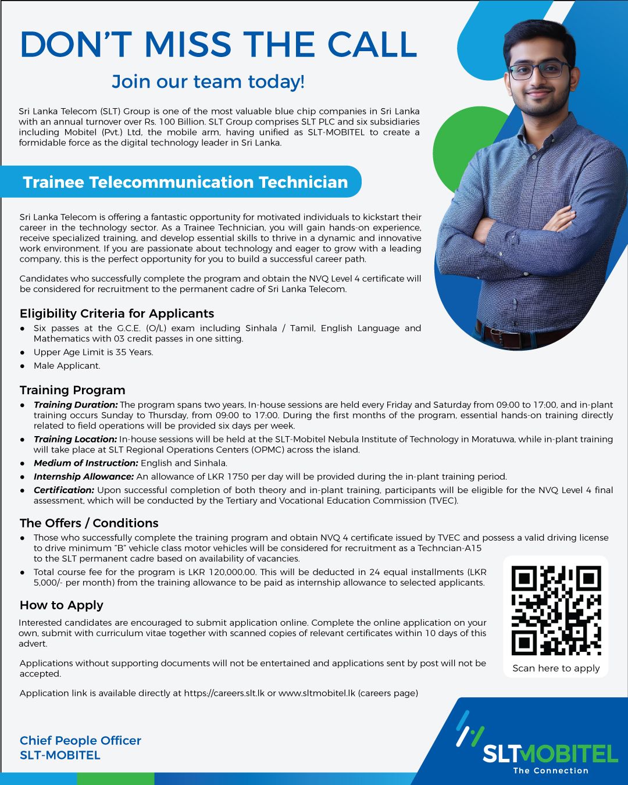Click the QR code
[x=556, y=611]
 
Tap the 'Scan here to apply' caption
[x=556, y=668]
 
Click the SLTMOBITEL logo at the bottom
[x=549, y=754]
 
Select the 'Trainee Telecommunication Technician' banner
[x=185, y=182]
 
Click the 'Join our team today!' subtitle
[x=208, y=81]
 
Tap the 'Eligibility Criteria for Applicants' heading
[x=117, y=313]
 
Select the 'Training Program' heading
[x=73, y=390]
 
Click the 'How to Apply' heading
[x=62, y=605]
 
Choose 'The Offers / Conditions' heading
[x=89, y=523]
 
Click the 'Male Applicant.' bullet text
[x=67, y=366]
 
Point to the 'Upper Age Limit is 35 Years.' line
[x=94, y=352]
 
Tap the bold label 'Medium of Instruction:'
[x=86, y=463]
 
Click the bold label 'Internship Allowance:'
[x=84, y=477]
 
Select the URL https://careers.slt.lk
[x=224, y=693]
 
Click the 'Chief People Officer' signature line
[x=80, y=740]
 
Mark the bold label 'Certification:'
[x=64, y=490]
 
